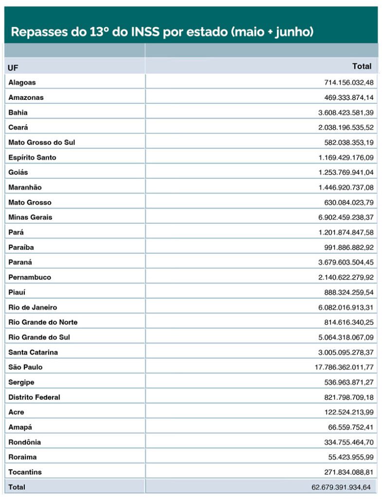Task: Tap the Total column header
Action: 362,66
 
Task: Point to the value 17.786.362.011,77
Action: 344,367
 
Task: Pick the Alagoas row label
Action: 22,82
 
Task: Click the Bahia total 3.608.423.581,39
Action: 346,113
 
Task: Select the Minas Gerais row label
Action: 30,217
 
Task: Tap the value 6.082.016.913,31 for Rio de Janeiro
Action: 346,307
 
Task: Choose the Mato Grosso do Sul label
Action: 41,142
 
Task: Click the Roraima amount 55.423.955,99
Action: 351,457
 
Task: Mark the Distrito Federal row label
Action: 34,397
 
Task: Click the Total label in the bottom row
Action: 17,487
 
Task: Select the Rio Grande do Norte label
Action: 43,322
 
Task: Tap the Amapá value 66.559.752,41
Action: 351,427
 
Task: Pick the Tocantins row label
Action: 25,472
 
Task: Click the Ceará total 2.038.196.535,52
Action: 346,128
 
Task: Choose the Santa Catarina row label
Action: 33,352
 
